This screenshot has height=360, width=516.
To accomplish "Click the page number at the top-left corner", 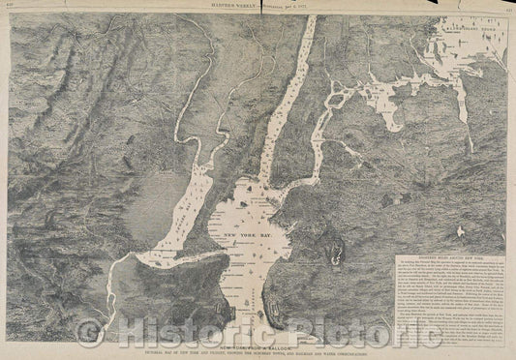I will pyautogui.click(x=9, y=5).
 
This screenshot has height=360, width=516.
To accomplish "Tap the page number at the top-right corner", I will pyautogui.click(x=507, y=5).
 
